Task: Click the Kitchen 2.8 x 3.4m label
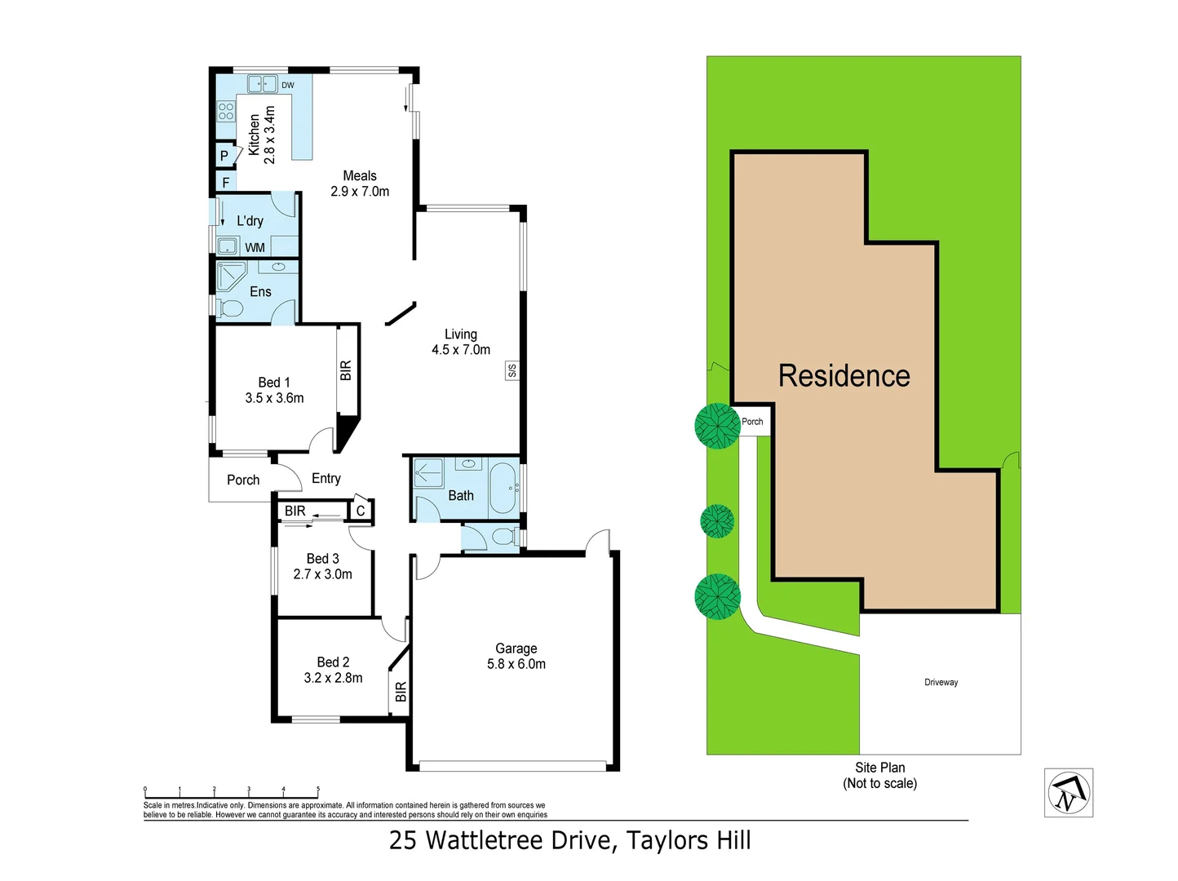click(262, 135)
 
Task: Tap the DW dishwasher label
click(288, 85)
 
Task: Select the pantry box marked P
click(224, 156)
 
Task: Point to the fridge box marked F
click(226, 183)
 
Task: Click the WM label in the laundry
click(255, 247)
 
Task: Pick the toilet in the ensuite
click(230, 308)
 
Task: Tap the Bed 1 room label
click(274, 390)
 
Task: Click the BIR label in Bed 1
click(346, 370)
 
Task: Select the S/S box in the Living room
click(511, 370)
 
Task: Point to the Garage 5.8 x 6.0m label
click(516, 656)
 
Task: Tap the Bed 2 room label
click(333, 670)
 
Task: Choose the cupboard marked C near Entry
click(361, 511)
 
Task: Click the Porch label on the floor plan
click(243, 480)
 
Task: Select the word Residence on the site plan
click(844, 376)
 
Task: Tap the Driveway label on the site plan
click(941, 682)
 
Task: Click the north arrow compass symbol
click(1069, 792)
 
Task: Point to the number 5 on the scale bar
click(318, 790)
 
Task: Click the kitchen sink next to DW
click(262, 83)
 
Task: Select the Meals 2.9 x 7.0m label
click(360, 184)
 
